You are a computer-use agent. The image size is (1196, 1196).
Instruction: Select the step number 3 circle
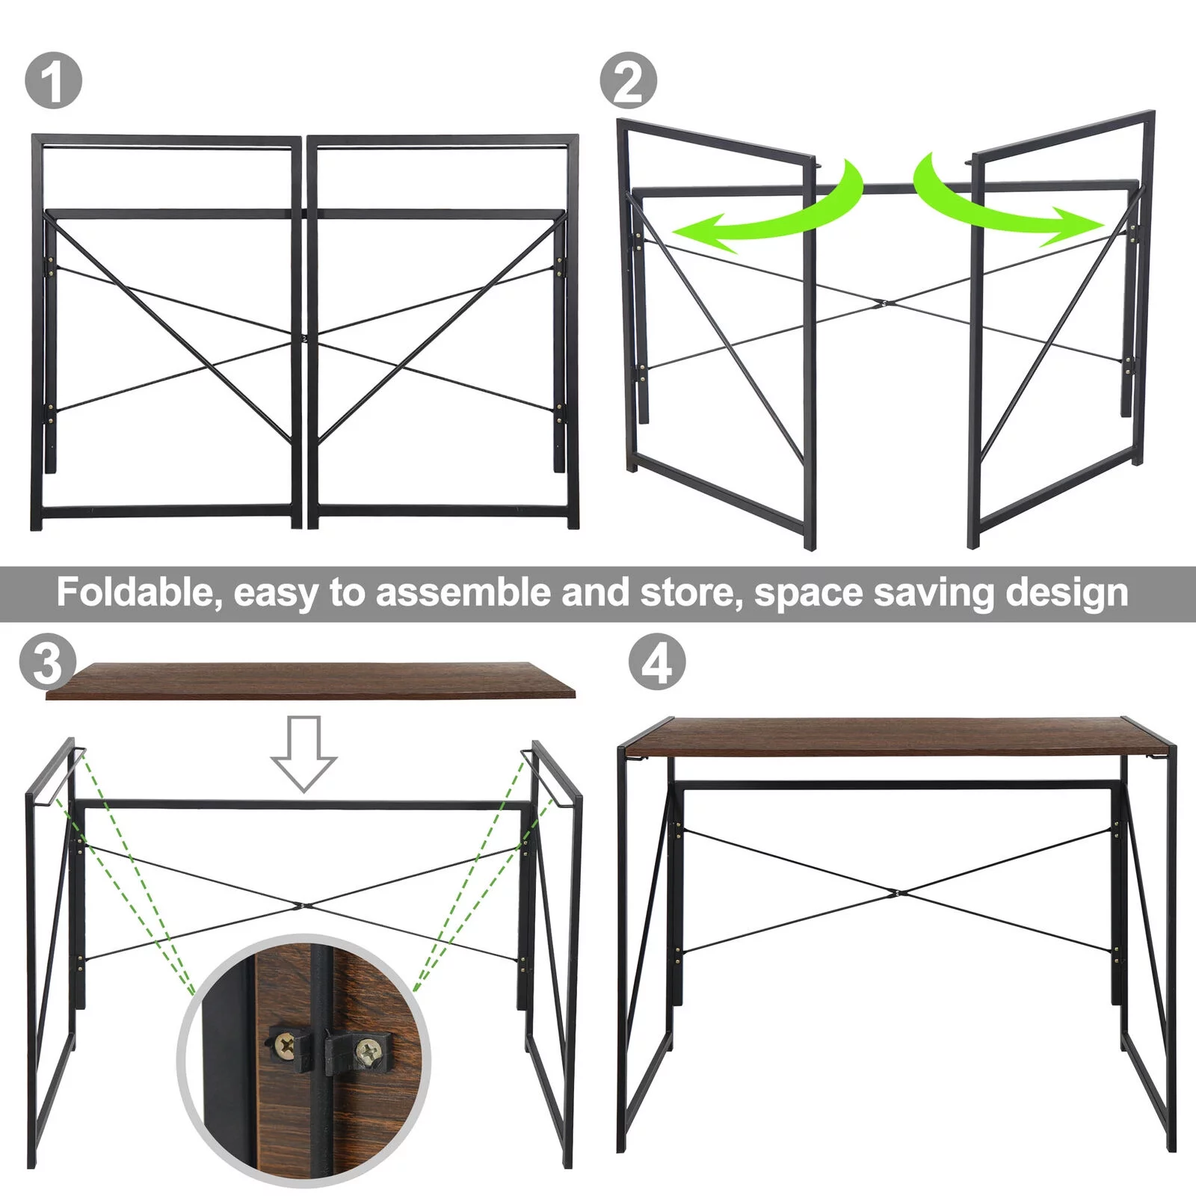tap(47, 662)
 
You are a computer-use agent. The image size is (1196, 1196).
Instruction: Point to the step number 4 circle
tap(656, 662)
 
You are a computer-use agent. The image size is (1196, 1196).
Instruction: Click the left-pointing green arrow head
tap(699, 230)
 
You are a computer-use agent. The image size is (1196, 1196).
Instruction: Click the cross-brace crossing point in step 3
tap(303, 906)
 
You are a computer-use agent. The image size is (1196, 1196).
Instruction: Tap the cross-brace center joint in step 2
tap(884, 303)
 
